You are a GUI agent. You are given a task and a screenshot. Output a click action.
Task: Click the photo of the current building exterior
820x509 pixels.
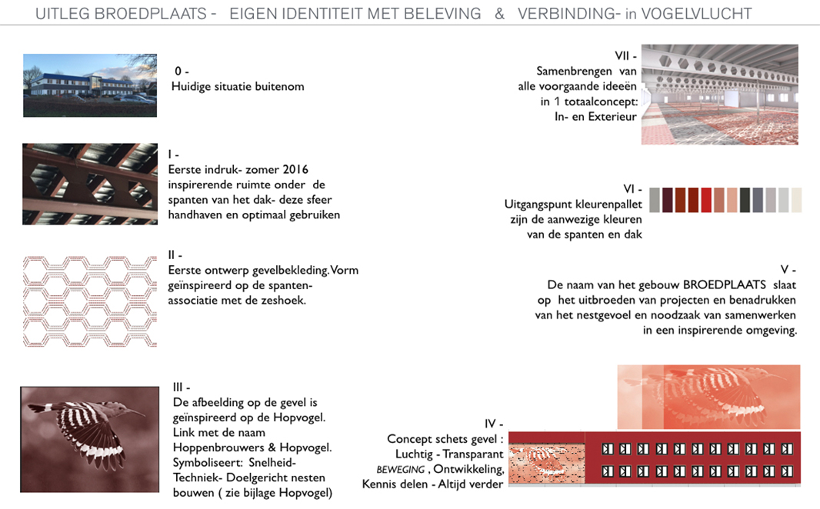(89, 85)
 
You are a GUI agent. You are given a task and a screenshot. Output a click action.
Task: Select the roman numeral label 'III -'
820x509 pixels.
(182, 388)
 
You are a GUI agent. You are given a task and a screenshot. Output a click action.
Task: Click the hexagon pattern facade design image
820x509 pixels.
(89, 301)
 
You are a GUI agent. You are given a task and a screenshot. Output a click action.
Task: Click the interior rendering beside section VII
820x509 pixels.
(719, 94)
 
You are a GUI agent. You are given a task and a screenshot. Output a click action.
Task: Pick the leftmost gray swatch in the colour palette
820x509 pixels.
(655, 200)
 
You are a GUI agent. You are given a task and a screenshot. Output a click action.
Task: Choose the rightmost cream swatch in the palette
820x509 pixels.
(795, 200)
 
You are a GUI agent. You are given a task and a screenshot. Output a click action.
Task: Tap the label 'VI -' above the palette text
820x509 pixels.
(633, 189)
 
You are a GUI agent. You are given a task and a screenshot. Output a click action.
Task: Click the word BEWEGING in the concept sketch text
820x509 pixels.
(400, 468)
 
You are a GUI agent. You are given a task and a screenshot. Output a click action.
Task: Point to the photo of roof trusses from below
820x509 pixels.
(89, 184)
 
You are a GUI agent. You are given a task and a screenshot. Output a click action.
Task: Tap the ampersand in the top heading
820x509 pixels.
(499, 14)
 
